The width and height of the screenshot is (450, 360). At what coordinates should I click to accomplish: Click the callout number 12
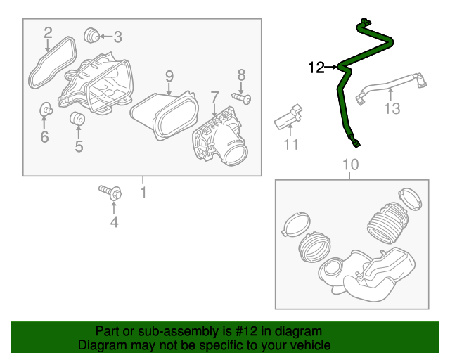(x=316, y=67)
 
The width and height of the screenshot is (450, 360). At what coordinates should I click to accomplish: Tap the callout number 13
(x=392, y=108)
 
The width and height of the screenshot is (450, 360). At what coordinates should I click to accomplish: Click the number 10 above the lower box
(x=350, y=165)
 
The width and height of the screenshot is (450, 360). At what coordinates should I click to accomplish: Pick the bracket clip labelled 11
(x=288, y=117)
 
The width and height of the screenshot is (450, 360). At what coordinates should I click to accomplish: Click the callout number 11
(x=291, y=144)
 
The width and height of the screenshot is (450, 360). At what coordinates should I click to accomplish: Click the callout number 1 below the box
(x=143, y=192)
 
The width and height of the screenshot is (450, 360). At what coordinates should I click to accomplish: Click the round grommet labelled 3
(x=90, y=35)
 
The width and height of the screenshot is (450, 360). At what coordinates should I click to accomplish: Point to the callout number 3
(x=117, y=36)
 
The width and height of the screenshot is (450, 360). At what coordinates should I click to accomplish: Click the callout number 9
(x=169, y=75)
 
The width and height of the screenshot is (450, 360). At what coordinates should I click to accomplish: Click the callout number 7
(x=214, y=95)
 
